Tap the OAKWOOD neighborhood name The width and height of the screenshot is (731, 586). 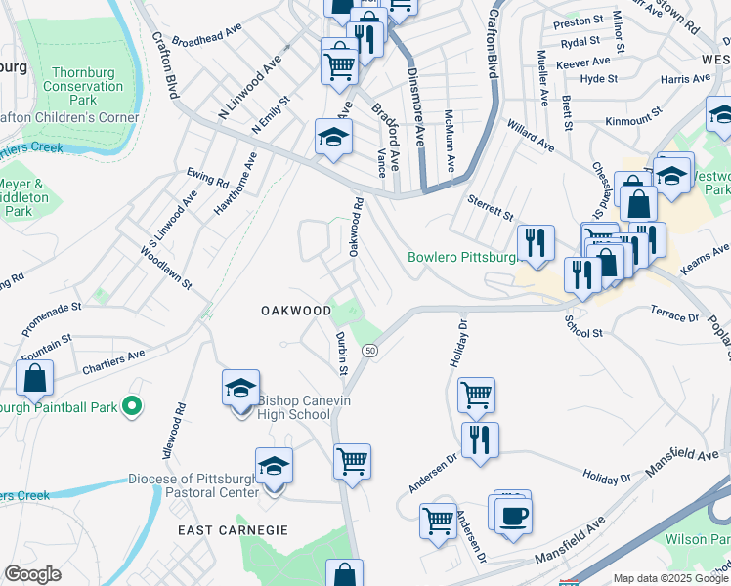coord(296,310)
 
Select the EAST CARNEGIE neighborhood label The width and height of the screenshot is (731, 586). coord(233,529)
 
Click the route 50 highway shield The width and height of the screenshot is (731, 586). coord(369,350)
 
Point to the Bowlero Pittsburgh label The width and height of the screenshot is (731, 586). coord(461,258)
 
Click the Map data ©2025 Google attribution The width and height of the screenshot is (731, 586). coord(670,578)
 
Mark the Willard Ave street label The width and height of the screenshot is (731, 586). coord(529,136)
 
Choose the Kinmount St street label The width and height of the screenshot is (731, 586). coord(633,120)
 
